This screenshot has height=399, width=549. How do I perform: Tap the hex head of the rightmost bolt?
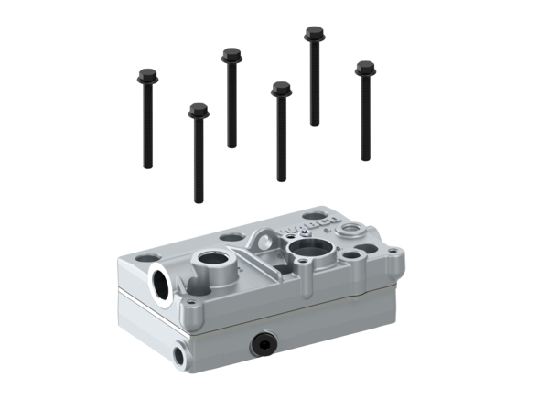coord(365,68)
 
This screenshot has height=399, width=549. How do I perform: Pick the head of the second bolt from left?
coord(198,112)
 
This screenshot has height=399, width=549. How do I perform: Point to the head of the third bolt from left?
coord(231,57)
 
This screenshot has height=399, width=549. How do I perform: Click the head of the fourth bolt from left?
coord(280,89)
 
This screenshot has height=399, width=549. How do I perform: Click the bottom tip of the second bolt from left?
coord(198,200)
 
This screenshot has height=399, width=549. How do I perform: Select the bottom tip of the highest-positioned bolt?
coord(314,124)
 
